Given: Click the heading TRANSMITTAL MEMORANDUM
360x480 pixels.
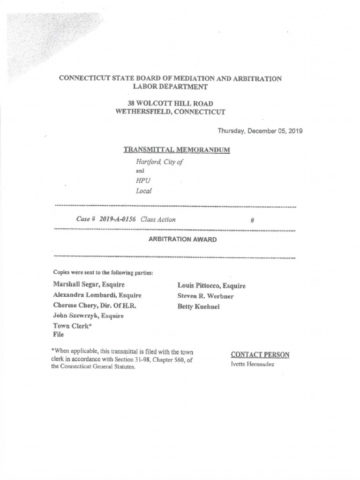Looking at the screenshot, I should click(177, 150).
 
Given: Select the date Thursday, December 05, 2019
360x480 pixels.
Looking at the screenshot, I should click(260, 131).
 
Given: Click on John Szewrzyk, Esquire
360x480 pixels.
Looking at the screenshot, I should click(89, 315).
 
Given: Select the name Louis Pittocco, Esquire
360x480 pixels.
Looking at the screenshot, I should click(211, 285).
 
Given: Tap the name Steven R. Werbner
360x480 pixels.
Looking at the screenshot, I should click(206, 296).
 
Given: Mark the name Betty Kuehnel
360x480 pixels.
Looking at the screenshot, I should click(198, 307).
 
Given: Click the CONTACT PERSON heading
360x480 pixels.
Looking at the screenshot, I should click(260, 355).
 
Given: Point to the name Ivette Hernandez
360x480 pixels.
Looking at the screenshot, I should click(252, 364).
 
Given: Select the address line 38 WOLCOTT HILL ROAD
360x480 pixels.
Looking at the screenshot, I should click(170, 103).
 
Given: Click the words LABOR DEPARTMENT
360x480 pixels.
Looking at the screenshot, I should click(170, 87).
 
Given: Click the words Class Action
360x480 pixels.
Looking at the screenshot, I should click(158, 219).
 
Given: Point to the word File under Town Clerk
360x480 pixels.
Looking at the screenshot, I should click(59, 335).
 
